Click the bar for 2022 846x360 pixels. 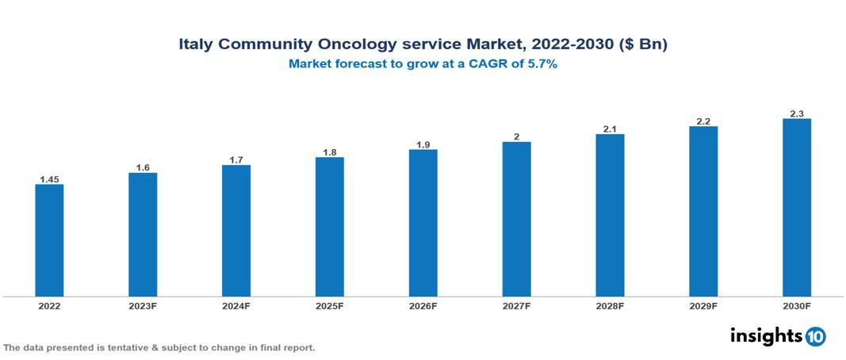(49, 240)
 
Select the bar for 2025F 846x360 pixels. (329, 227)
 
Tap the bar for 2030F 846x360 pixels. (796, 208)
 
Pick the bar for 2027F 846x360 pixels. (516, 219)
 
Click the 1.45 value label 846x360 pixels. (49, 179)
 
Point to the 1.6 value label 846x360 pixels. (143, 167)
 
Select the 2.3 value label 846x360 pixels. (796, 113)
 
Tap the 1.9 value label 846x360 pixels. (423, 144)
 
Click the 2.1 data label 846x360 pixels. (610, 128)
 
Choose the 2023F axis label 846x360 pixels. (143, 305)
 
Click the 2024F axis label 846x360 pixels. (236, 305)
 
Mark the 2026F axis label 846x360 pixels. (423, 305)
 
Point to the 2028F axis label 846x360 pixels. (610, 305)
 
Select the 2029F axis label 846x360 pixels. (703, 305)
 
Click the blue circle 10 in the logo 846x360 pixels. (815, 336)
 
